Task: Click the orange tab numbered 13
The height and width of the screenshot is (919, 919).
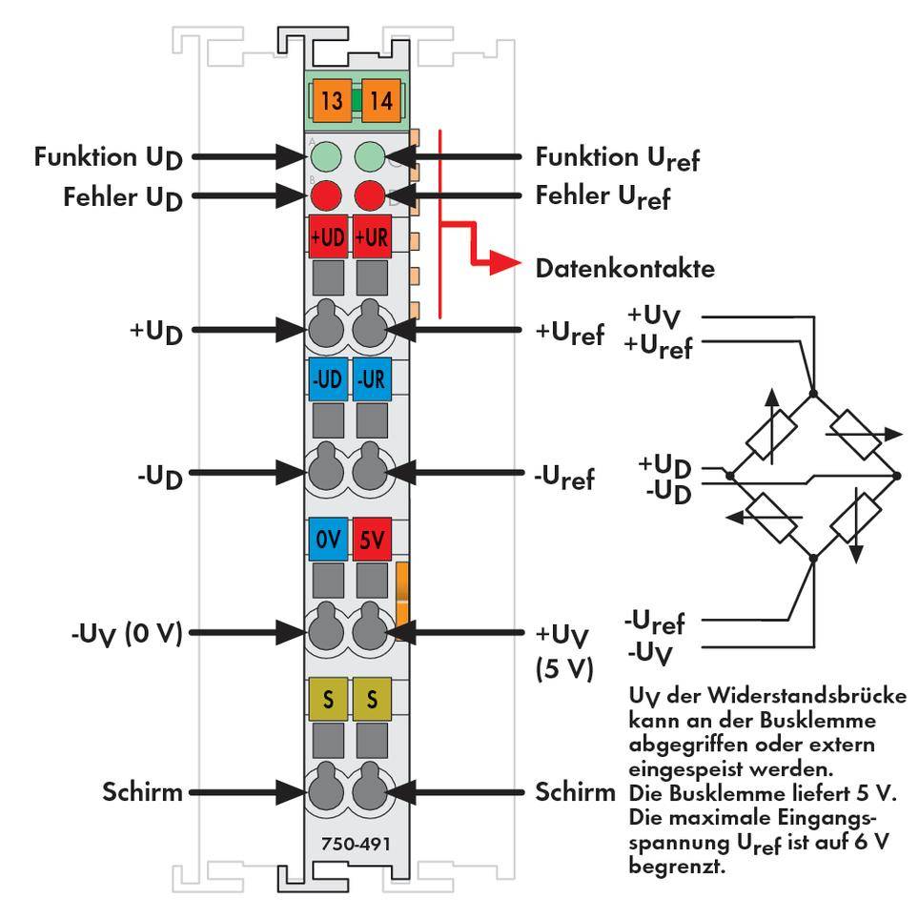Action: pos(332,100)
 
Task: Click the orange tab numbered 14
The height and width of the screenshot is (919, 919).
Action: pos(381,100)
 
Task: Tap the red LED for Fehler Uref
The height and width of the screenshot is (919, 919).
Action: pos(370,196)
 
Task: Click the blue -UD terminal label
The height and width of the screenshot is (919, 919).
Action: pos(328,378)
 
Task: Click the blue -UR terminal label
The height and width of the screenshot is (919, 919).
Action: pos(370,378)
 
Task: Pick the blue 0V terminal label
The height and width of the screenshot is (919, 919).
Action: pos(328,539)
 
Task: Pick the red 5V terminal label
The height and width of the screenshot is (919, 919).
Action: pos(370,539)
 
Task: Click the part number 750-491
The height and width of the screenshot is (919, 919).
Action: pos(350,843)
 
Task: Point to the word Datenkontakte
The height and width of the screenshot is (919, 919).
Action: pos(624,269)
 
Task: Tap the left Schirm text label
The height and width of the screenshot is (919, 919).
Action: pos(144,791)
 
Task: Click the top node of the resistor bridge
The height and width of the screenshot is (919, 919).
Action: pos(813,393)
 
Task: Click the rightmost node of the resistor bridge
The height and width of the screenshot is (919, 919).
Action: pos(896,474)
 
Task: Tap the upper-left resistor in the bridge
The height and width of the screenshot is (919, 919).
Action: pos(771,434)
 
